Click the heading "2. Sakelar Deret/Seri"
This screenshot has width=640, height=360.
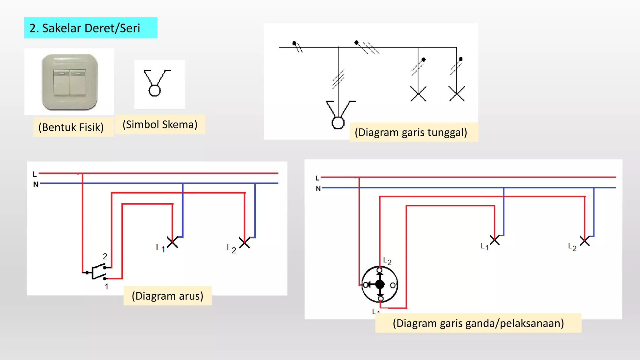tap(85, 28)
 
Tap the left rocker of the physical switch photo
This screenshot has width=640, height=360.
tap(61, 82)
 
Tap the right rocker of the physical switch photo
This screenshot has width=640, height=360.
tap(78, 82)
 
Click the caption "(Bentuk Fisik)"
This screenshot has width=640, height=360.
tap(71, 127)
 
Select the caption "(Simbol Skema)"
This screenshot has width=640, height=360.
tap(160, 124)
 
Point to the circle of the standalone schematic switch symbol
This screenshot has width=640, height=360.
tap(155, 91)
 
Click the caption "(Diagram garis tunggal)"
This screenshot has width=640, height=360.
tap(411, 132)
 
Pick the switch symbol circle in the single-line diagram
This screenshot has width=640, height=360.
tap(338, 123)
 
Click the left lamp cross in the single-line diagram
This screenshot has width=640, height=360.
tap(418, 94)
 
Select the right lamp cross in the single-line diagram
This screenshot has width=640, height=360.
tap(457, 94)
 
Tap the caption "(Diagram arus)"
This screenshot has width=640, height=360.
tap(167, 296)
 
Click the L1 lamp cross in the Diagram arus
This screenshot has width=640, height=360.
tap(172, 242)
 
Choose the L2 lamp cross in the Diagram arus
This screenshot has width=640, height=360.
tap(245, 242)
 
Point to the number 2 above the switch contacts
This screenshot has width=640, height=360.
tap(105, 257)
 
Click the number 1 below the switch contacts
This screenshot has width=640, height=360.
tap(107, 287)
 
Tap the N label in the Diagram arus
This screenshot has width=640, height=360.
tap(36, 184)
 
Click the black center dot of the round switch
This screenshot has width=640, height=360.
tap(380, 284)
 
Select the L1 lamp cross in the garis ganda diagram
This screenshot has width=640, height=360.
tap(495, 240)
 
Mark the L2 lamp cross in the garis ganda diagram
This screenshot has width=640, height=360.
tap(585, 241)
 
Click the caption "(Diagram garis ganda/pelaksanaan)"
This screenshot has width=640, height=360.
tap(478, 323)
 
